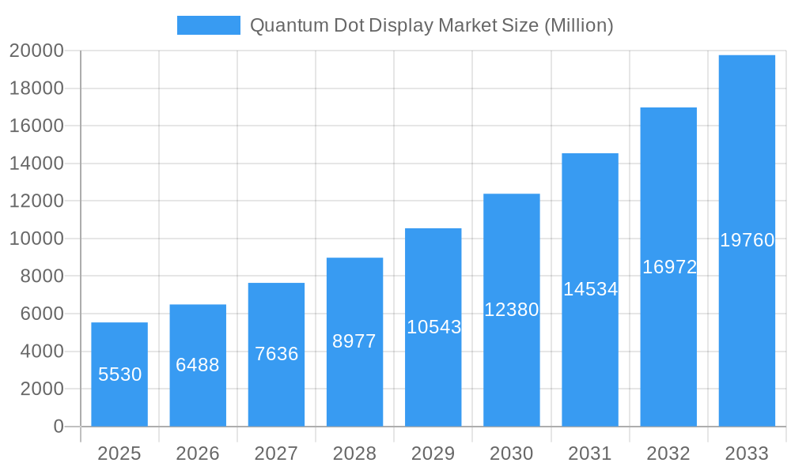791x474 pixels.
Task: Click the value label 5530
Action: [119, 374]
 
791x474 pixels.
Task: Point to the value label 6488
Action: [198, 365]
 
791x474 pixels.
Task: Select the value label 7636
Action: [276, 354]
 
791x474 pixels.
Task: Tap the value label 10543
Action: [433, 327]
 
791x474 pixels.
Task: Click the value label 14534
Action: [590, 289]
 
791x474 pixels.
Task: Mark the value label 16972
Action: [669, 267]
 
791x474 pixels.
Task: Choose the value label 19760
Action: [747, 240]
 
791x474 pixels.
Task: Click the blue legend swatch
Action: [208, 25]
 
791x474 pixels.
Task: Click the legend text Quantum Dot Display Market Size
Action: [431, 25]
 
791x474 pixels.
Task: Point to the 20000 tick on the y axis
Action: [36, 51]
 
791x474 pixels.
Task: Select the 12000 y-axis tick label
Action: [36, 201]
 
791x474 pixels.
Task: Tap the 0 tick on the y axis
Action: [58, 427]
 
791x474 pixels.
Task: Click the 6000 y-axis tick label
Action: [36, 314]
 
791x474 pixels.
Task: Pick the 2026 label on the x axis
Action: [198, 453]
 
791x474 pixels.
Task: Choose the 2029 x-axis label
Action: [433, 453]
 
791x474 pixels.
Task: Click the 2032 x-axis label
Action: [668, 453]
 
